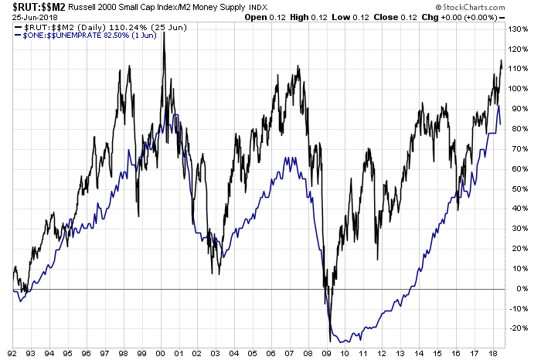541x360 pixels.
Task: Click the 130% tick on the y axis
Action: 521,29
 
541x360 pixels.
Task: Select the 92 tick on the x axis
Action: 15,352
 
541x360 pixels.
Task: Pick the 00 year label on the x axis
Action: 162,352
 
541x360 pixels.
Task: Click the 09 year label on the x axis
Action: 327,352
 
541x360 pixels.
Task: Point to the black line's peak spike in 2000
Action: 164,32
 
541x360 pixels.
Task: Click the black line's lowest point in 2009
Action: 331,341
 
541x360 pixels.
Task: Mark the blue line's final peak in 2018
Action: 499,106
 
